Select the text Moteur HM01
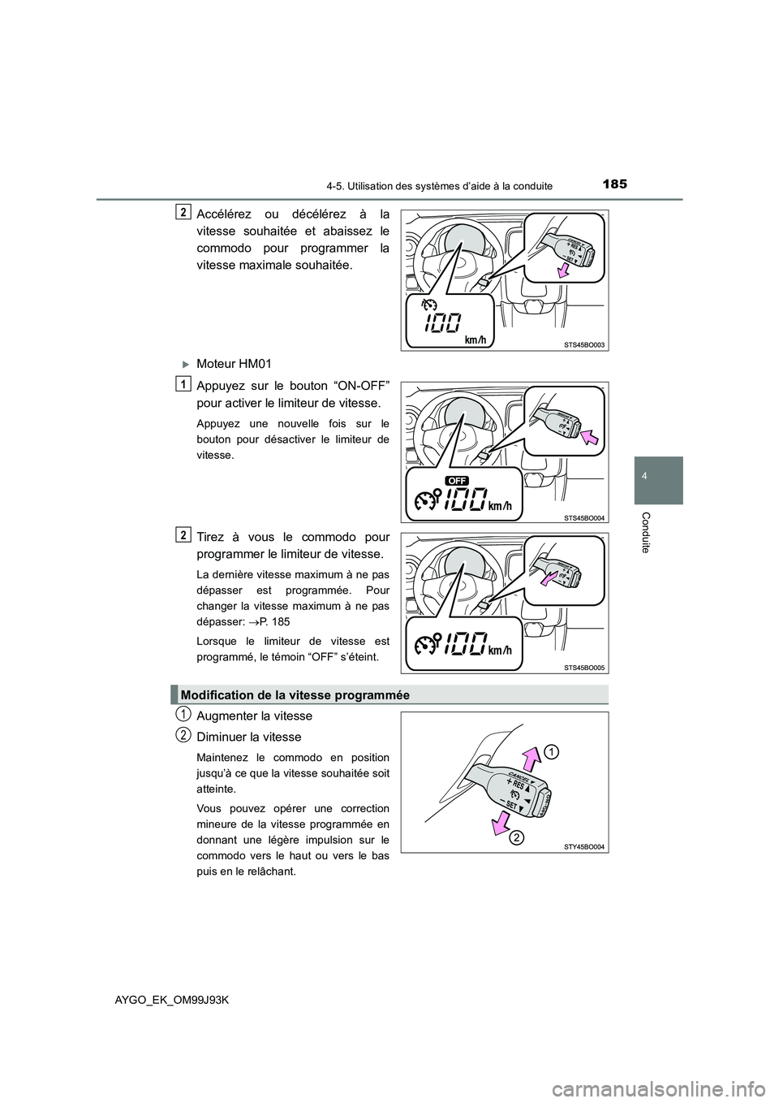coord(228,362)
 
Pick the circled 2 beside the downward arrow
coord(516,837)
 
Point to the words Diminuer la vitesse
coord(248,737)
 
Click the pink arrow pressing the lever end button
coord(591,439)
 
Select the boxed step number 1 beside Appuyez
coord(184,383)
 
